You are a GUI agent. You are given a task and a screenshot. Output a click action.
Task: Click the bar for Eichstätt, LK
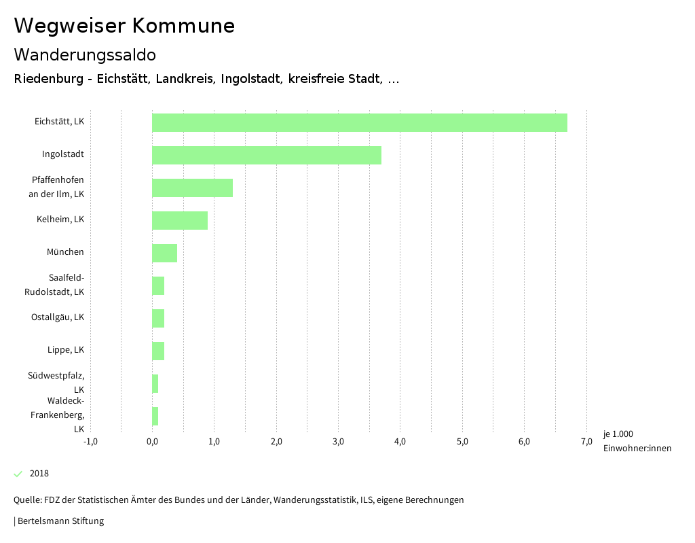[359, 122]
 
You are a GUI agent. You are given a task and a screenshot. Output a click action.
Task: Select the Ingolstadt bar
[266, 155]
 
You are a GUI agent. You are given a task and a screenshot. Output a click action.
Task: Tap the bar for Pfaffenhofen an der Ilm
[192, 188]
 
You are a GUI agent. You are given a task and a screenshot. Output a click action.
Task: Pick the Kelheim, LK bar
[179, 220]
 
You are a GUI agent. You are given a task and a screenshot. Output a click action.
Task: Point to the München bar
[164, 253]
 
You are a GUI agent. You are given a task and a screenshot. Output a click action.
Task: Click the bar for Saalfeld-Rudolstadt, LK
[158, 285]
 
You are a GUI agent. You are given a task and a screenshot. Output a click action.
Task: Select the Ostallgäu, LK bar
[158, 318]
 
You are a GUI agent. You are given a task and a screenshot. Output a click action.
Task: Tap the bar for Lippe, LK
[158, 351]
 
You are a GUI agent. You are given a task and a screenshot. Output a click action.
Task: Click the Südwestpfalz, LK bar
[155, 383]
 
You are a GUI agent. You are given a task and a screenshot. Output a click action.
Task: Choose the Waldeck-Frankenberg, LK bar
[155, 416]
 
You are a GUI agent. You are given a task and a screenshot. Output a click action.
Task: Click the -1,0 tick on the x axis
[90, 442]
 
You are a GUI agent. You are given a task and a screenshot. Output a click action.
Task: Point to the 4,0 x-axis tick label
[400, 442]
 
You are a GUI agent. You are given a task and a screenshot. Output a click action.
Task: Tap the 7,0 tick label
[586, 442]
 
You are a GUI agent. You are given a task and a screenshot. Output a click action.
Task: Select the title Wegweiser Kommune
[124, 26]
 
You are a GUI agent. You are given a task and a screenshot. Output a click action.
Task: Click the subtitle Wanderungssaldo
[85, 54]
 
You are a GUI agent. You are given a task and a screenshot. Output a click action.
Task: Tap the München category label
[65, 252]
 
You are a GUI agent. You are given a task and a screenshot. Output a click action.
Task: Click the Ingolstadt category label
[62, 154]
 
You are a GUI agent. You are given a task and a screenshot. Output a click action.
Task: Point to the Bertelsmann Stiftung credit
[60, 521]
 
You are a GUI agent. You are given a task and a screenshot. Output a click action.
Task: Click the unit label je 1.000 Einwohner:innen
[637, 441]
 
